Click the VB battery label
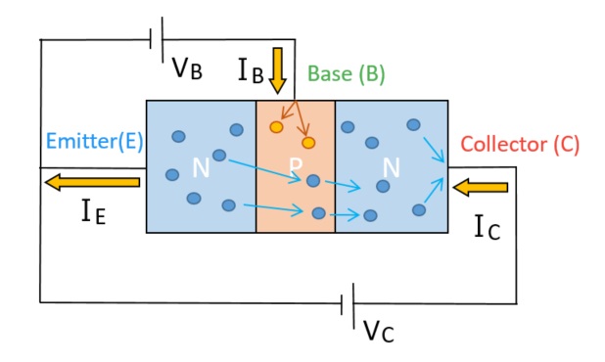[187, 68]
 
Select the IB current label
[250, 68]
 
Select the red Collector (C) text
[519, 145]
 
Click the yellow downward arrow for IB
[278, 69]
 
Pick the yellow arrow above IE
[93, 182]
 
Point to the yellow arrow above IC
[481, 186]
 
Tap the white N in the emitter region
[201, 168]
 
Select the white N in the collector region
[392, 168]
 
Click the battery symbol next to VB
[154, 40]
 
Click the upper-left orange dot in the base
[277, 127]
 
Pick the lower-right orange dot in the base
[308, 143]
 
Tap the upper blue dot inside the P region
[312, 181]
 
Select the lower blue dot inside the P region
[317, 213]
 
